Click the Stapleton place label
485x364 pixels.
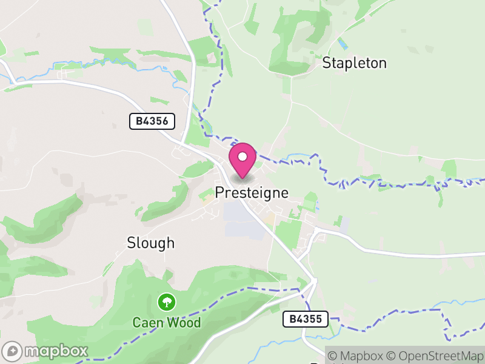(x=354, y=63)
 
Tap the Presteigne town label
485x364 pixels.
(x=252, y=193)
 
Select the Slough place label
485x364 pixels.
(x=150, y=243)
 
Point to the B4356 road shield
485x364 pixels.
(x=152, y=121)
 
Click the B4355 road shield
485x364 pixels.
(x=306, y=318)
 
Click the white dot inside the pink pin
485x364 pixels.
(x=242, y=157)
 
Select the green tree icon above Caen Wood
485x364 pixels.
(x=166, y=301)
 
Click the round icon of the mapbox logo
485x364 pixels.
(x=13, y=351)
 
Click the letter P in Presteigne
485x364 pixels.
(x=219, y=193)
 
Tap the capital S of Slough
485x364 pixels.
(x=131, y=243)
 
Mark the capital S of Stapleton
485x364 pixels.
(x=327, y=63)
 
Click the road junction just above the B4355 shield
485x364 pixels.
(x=313, y=281)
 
